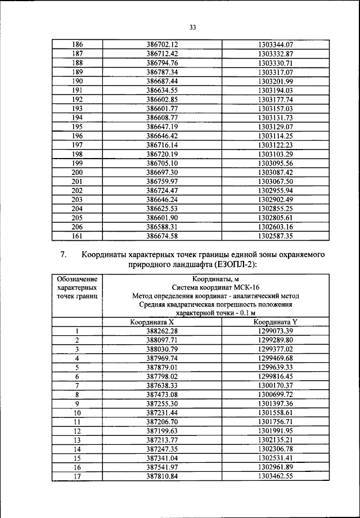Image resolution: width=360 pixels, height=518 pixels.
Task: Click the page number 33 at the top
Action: [x=193, y=27]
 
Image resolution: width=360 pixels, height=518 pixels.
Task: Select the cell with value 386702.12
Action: [x=162, y=44]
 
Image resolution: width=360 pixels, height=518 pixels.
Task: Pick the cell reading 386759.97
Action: [x=162, y=181]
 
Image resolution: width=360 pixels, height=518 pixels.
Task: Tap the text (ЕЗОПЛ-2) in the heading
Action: [x=235, y=265]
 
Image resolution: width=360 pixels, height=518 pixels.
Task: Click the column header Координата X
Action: [x=152, y=322]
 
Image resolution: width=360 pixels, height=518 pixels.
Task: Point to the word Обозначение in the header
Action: [x=76, y=278]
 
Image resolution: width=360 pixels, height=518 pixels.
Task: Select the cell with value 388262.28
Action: [x=162, y=331]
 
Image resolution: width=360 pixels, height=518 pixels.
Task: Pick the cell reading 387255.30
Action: [x=162, y=404]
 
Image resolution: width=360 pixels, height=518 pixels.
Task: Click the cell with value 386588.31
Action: [x=162, y=227]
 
